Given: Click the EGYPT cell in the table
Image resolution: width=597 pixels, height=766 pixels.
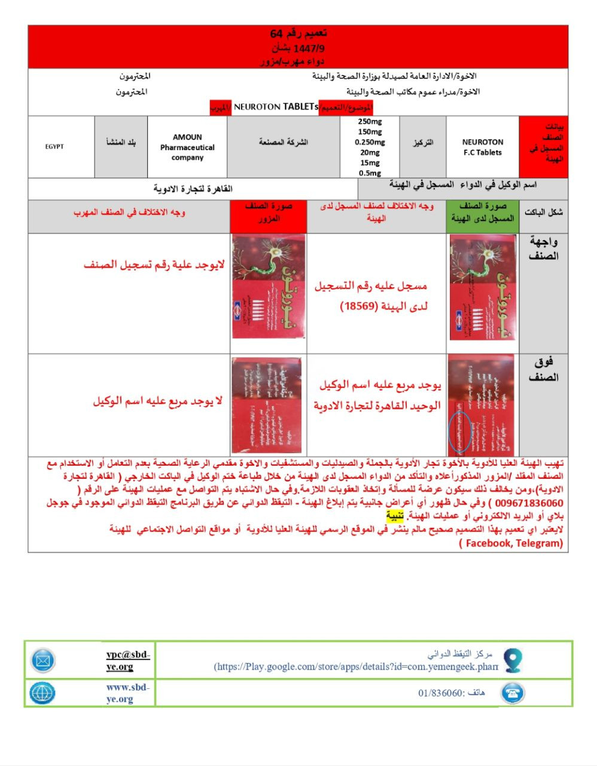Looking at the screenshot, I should point(54,147).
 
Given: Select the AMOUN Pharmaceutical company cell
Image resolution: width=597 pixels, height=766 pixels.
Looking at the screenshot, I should point(187,147).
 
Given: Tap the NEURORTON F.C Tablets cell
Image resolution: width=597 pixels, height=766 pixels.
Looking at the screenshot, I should point(482,147).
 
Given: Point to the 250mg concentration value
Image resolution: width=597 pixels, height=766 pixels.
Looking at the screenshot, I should point(370,121).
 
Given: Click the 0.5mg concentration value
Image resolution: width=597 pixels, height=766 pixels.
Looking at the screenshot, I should point(370,173).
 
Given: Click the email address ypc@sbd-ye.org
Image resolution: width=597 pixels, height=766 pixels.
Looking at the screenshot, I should point(128,661).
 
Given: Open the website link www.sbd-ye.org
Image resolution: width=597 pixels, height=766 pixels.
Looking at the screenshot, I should point(128,693).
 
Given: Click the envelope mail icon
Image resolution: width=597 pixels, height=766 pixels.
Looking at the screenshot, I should point(43,661).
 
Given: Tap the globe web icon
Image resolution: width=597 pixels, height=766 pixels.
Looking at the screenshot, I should point(42,693).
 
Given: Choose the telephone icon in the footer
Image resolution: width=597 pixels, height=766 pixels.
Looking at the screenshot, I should point(513,693).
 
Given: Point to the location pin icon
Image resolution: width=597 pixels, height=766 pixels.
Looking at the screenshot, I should point(513,659).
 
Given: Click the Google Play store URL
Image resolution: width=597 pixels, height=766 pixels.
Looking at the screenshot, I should point(357,667).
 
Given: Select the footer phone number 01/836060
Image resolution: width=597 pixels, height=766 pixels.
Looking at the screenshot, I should point(441,693).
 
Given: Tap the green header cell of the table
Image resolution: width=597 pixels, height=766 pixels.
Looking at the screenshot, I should point(483,212).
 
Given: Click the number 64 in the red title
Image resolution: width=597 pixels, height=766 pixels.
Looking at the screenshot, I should point(276,33).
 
